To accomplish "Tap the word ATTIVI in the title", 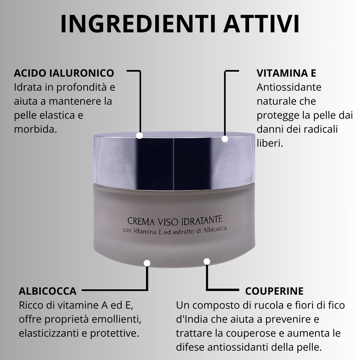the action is click(261, 24).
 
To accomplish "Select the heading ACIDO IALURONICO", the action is click(64, 73).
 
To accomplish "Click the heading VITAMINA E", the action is click(286, 73).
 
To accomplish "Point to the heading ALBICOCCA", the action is click(48, 291).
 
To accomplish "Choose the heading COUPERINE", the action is click(274, 291).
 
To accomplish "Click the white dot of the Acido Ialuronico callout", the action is click(139, 135).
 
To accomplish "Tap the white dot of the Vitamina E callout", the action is click(225, 139).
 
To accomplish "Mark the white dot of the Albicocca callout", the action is click(147, 263).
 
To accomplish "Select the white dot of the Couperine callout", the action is click(207, 262).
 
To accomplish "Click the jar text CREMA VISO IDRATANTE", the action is click(175, 221).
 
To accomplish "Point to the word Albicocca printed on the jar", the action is click(215, 229).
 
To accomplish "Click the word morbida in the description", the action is click(35, 129).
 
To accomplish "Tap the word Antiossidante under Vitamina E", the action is click(289, 87).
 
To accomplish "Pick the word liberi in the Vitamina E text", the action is click(270, 143).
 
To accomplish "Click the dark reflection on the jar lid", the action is click(174, 164).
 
